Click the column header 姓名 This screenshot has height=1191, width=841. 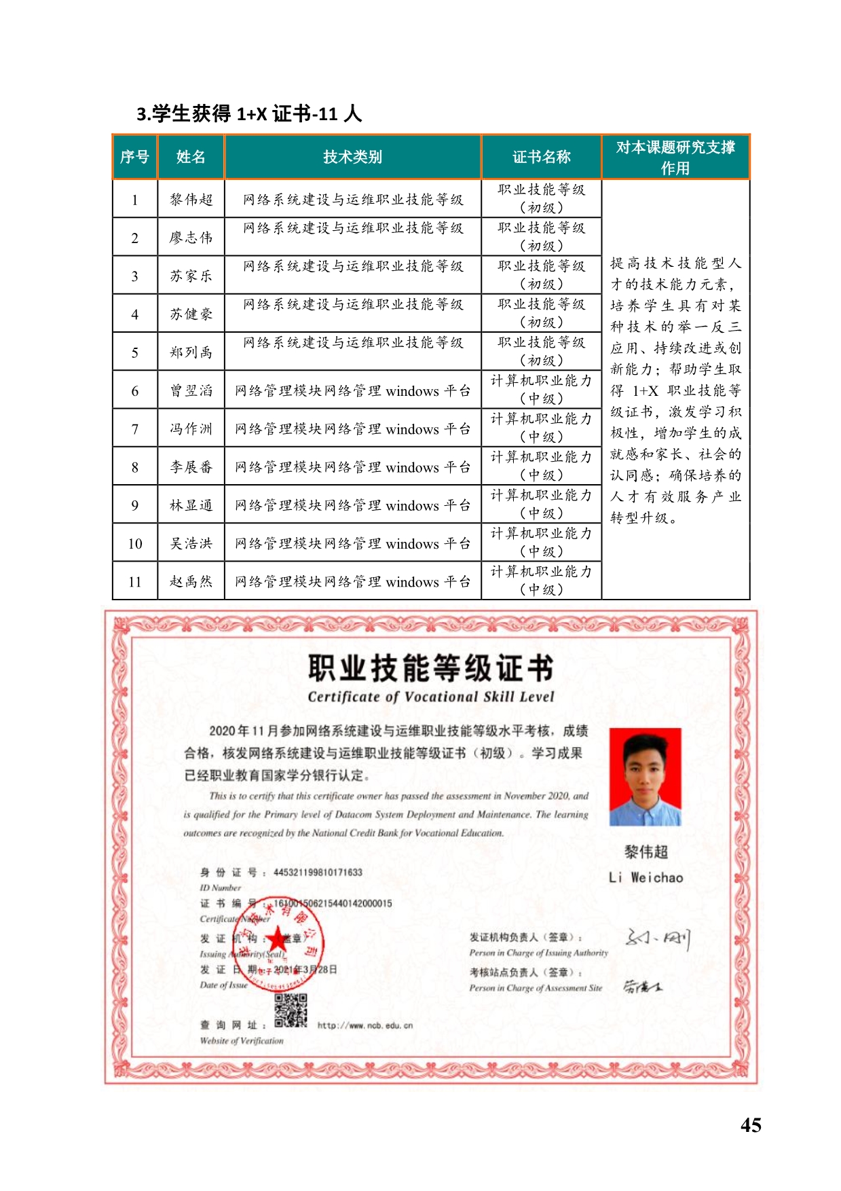pos(191,157)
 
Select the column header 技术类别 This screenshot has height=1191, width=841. pos(352,157)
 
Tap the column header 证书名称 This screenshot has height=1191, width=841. pos(541,157)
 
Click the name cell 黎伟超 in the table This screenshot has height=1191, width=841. pos(191,200)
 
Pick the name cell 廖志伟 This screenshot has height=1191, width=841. pos(191,238)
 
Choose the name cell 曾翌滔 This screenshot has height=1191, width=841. pos(191,390)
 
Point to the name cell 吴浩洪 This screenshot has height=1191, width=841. pos(191,543)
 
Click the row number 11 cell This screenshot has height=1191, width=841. pos(134,582)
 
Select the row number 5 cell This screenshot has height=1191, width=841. pos(134,352)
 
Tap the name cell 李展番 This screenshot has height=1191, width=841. pos(191,467)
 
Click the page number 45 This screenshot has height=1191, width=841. pos(751,1125)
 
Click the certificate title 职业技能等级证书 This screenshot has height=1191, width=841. pos(430,668)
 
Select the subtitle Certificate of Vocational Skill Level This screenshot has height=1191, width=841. pos(430,697)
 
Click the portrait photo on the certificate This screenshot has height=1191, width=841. pos(644,777)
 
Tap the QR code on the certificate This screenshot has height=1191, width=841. pos(291,1010)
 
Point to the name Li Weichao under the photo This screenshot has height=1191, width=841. pos(646,877)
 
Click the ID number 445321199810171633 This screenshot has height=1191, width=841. pos(318,873)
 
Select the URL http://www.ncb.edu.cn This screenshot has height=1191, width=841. pos(365,1025)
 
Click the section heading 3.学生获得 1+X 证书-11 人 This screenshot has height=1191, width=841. pos(249,113)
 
